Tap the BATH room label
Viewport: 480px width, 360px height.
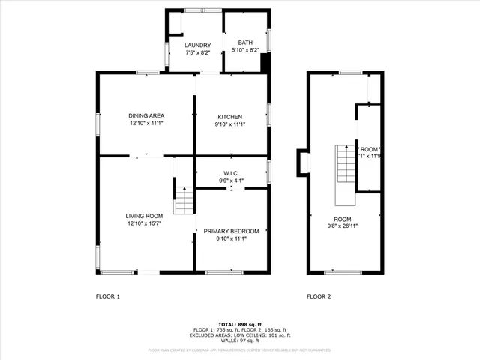tap(245, 43)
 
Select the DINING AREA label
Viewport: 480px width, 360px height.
tap(146, 115)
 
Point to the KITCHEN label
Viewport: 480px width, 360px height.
tap(229, 117)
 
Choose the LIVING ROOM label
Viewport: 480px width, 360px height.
tap(144, 216)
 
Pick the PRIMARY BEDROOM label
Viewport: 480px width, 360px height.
tap(231, 231)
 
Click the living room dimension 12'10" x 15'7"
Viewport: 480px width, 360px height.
tap(144, 223)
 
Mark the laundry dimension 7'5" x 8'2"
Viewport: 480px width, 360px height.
tap(199, 53)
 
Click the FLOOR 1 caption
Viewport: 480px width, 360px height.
tap(107, 296)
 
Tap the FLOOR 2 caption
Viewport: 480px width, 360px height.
tap(319, 296)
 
